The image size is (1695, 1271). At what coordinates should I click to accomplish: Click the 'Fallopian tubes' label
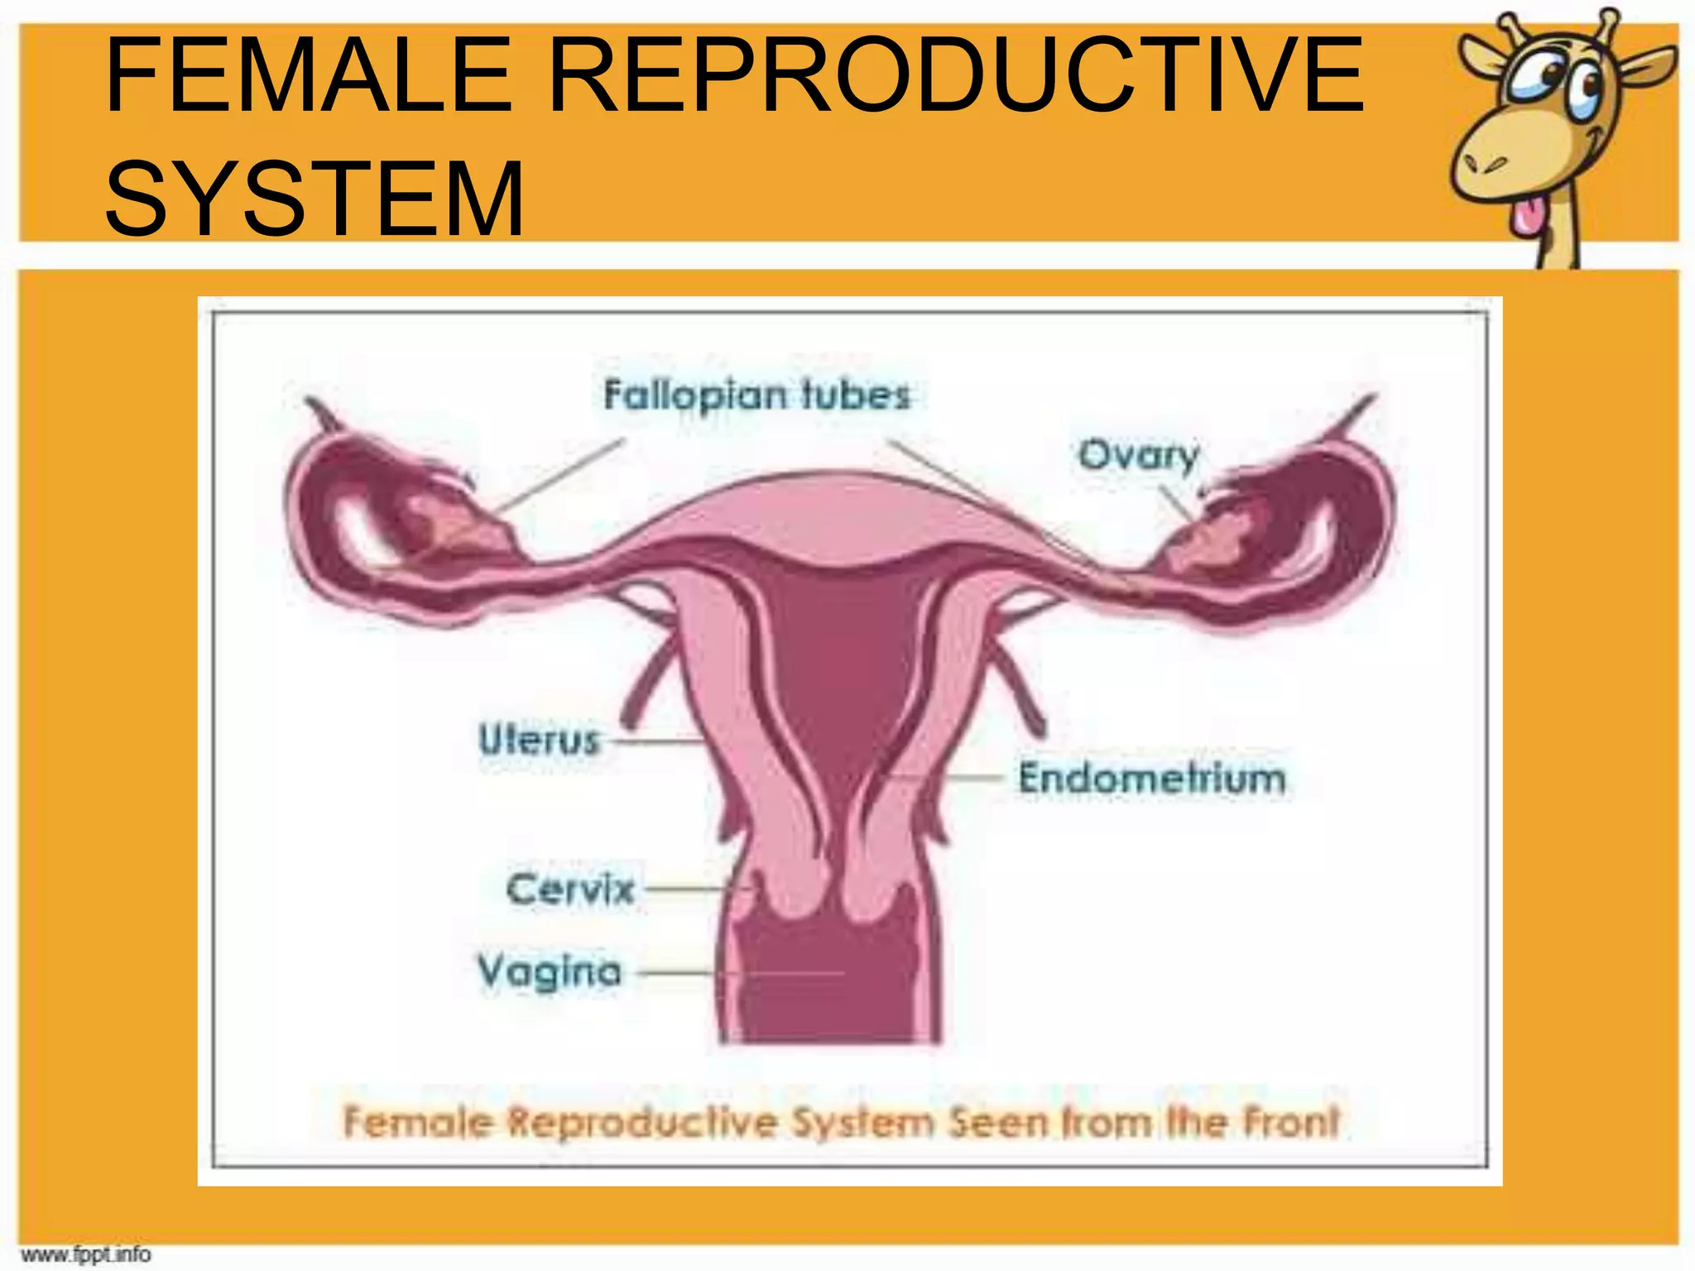point(756,395)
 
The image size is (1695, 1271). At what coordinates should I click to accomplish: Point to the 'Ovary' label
point(1138,454)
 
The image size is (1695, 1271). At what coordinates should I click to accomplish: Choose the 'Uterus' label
point(538,739)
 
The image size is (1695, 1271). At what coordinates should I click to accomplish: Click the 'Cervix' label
point(569,890)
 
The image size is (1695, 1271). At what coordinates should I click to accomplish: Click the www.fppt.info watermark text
point(86,1254)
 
